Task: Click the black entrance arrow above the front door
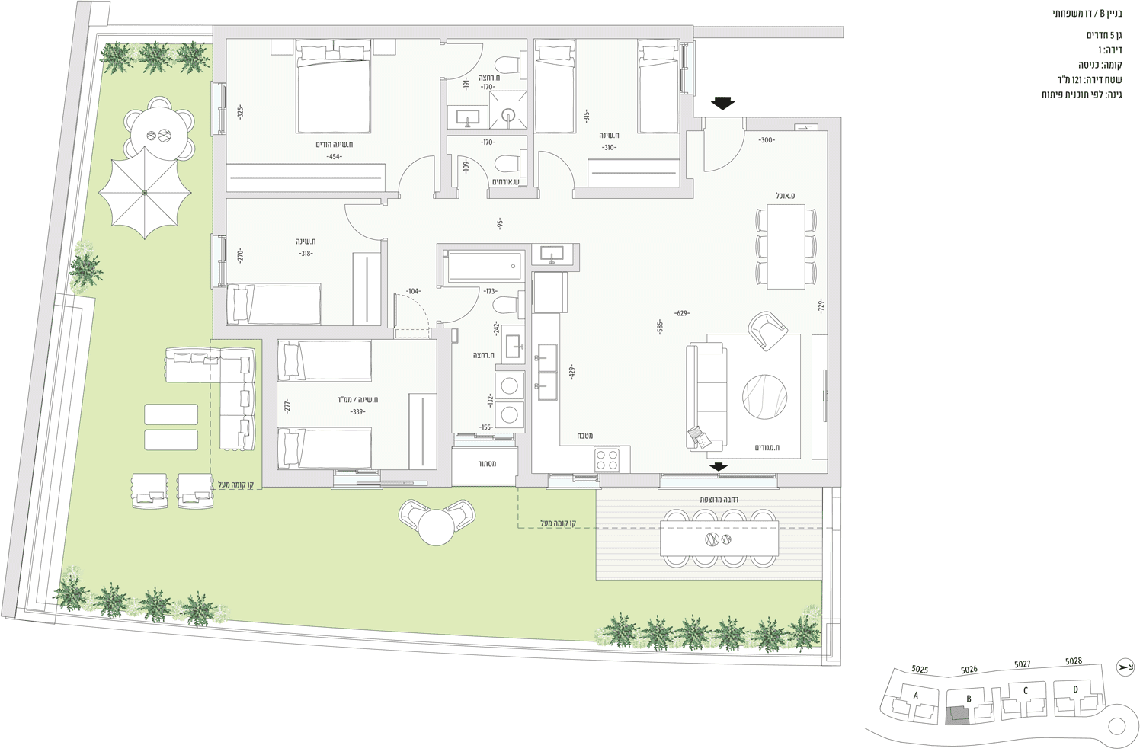point(722,103)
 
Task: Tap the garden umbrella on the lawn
point(145,192)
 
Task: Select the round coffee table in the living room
point(764,397)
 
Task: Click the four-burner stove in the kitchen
point(607,459)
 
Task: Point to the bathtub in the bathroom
point(486,265)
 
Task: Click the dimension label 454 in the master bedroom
point(335,157)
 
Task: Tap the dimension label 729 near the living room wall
point(821,306)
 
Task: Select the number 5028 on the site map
point(1073,661)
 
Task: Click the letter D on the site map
point(1075,689)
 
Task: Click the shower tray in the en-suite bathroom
point(507,110)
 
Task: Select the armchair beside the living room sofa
point(767,331)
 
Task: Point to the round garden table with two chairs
point(437,523)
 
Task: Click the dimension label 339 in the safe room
point(357,411)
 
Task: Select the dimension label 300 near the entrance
point(767,139)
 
